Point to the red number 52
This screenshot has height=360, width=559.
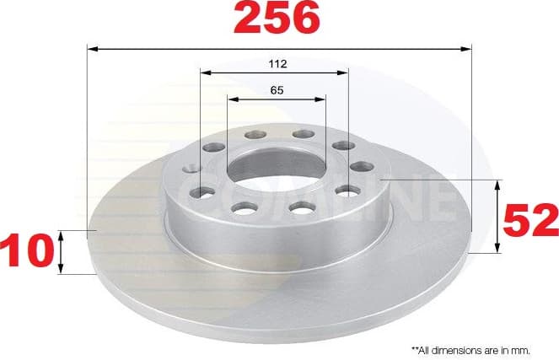pyautogui.click(x=531, y=220)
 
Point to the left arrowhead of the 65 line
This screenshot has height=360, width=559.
pyautogui.click(x=233, y=99)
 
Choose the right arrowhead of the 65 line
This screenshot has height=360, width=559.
pyautogui.click(x=320, y=99)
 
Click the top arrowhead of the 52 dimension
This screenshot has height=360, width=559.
pyautogui.click(x=498, y=185)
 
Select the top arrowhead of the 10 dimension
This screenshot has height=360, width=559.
pyautogui.click(x=62, y=234)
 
